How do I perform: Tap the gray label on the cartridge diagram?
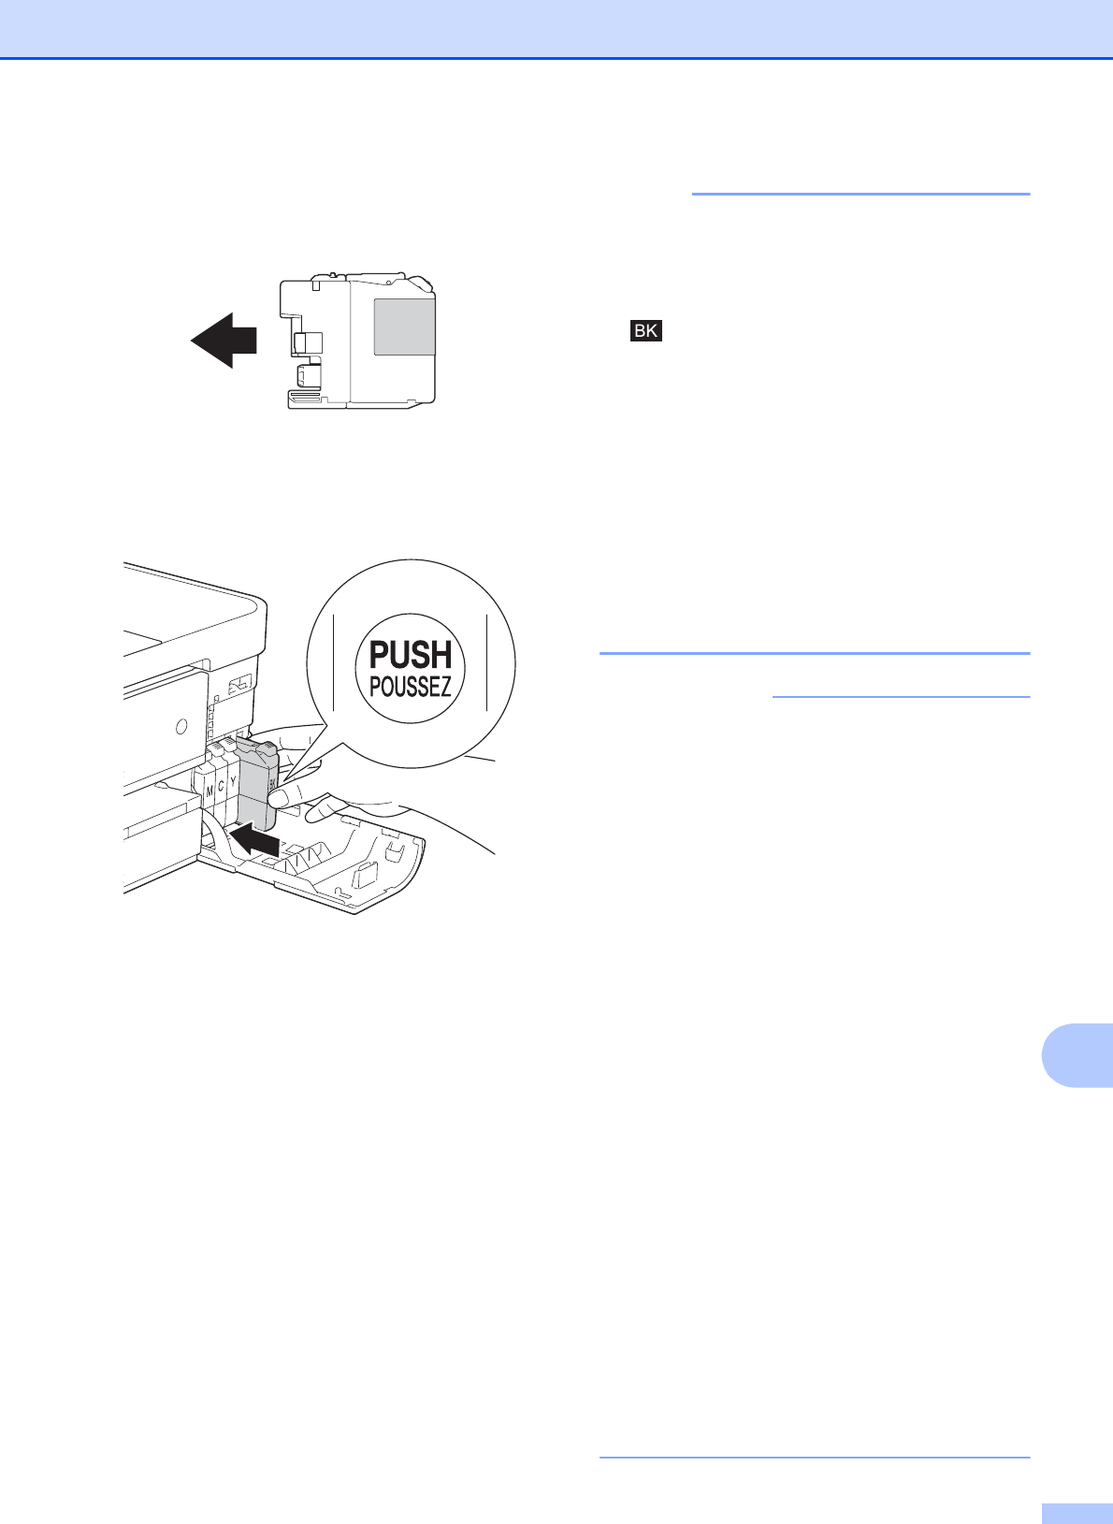pos(404,327)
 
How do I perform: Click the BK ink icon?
pos(645,330)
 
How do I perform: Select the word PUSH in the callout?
pos(412,655)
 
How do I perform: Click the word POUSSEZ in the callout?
pos(411,688)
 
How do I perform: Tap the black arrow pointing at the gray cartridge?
pos(256,840)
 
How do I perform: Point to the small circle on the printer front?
pos(181,725)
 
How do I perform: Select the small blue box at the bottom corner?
pos(1076,1514)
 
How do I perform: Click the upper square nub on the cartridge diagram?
pos(308,342)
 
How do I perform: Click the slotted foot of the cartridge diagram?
pos(316,400)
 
